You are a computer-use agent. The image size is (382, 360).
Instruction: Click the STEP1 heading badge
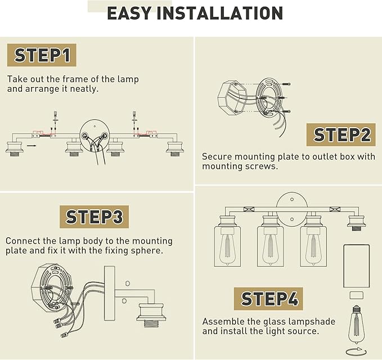[42, 55]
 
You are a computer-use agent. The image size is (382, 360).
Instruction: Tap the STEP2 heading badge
[341, 134]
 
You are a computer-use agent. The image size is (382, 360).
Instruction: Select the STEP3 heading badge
[95, 217]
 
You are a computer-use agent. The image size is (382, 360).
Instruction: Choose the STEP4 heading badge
[269, 299]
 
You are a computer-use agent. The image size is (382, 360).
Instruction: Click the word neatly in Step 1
[84, 89]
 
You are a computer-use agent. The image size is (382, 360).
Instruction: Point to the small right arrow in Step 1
[32, 146]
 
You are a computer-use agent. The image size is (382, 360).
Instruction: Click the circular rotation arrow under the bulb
[356, 352]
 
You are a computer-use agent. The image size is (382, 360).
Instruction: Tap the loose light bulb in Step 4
[356, 325]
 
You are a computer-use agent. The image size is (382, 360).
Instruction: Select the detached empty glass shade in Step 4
[357, 266]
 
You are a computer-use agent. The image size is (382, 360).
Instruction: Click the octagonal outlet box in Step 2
[232, 98]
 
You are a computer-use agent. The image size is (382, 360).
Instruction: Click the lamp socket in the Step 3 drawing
[151, 315]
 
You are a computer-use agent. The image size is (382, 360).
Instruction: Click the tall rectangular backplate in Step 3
[109, 293]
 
